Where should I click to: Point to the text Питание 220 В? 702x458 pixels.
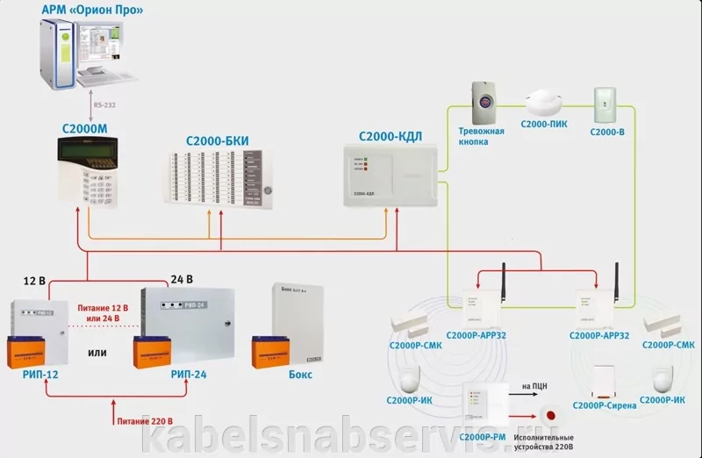144,421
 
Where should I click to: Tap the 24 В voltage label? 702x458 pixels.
181,280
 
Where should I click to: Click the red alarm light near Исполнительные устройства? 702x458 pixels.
551,413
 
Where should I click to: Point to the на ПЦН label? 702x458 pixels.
535,385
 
